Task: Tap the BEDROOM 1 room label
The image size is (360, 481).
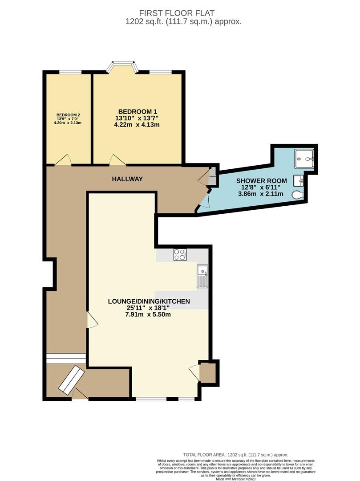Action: coord(137,111)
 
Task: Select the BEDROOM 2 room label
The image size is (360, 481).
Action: coord(68,115)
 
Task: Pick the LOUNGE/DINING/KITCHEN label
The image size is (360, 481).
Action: coord(149,302)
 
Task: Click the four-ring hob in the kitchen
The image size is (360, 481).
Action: coord(180,254)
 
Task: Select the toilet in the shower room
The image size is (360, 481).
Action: coord(298,195)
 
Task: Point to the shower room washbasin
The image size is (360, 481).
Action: coord(299,180)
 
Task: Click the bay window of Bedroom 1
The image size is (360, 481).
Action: coord(122,66)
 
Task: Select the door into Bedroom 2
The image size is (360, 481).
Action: coord(64,160)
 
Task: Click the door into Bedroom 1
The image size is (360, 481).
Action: coord(116,159)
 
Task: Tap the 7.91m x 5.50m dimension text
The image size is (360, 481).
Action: coord(149,314)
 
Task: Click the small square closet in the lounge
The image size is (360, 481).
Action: coord(207,372)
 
